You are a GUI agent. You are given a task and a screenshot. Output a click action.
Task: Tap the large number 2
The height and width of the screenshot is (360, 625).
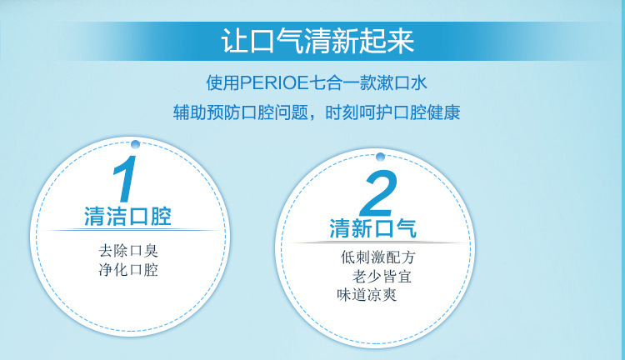click(x=379, y=195)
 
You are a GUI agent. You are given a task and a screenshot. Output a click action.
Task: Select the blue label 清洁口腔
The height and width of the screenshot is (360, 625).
click(x=127, y=217)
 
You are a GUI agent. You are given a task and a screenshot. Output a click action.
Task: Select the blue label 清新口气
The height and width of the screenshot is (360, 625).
click(x=373, y=228)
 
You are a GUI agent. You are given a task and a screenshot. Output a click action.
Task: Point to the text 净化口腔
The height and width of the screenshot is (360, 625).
click(x=127, y=270)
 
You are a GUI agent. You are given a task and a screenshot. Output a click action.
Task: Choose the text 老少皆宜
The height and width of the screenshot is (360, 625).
click(x=382, y=276)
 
